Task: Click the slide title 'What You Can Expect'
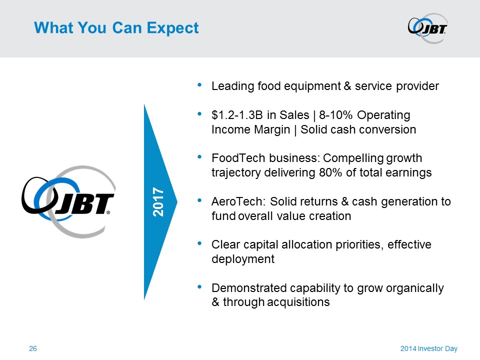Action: point(116,28)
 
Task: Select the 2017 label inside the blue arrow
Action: point(158,202)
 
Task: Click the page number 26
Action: point(33,348)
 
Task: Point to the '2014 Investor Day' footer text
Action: point(429,348)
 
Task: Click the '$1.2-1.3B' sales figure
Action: point(237,115)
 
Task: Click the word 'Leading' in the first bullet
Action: point(232,86)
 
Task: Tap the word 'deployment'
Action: point(243,259)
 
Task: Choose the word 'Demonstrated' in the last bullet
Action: point(249,288)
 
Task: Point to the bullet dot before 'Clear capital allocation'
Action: point(199,243)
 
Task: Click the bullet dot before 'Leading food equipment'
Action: point(199,85)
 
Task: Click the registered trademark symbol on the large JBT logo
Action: point(108,212)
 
